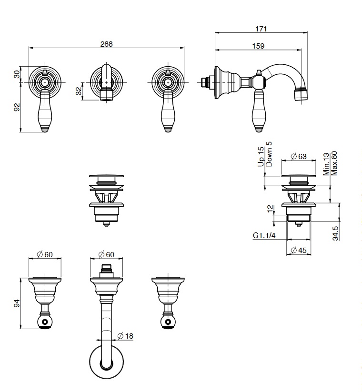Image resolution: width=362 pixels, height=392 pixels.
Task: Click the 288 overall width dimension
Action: coord(107,44)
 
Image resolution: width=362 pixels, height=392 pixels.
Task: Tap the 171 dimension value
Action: coord(261,29)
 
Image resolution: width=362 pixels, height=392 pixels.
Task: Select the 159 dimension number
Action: coord(258,46)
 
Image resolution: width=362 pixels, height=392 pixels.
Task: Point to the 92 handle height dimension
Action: coord(17,107)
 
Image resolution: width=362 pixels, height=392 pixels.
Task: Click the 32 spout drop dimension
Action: coord(79,91)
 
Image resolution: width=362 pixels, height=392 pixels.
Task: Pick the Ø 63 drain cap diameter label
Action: coord(299,156)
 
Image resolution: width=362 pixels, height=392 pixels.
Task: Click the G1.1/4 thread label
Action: coord(264,235)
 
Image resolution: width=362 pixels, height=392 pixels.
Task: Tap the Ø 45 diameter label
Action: coord(299,250)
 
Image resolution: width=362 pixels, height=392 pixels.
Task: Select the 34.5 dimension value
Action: coord(335,233)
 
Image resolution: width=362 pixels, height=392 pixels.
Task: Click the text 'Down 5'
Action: coord(269,154)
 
